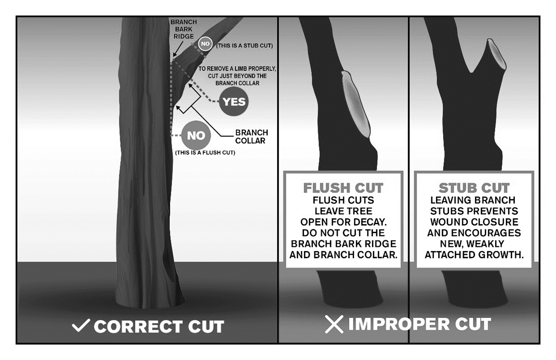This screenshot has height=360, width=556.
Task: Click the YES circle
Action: [x=234, y=101]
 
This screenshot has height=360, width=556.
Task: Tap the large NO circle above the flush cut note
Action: [x=196, y=135]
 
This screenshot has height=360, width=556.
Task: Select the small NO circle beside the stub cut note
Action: [x=205, y=44]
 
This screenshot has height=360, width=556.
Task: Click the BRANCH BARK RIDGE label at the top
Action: [x=184, y=29]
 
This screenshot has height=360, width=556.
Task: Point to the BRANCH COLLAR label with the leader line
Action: [x=251, y=137]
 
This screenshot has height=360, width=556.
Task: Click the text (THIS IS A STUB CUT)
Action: [x=245, y=46]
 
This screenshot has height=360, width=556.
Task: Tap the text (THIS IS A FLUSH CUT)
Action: [x=205, y=152]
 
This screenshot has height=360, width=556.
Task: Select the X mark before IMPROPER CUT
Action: [x=334, y=324]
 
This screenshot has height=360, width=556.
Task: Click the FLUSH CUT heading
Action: [x=343, y=188]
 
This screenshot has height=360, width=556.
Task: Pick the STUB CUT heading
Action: [x=474, y=188]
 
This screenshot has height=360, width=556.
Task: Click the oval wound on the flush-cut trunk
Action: [x=356, y=104]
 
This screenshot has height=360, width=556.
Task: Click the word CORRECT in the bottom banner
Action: [x=138, y=326]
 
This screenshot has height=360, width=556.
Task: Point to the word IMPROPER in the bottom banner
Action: [x=399, y=324]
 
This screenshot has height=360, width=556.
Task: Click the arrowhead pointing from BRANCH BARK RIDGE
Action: [x=175, y=54]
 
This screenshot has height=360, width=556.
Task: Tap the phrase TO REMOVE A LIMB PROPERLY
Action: [x=237, y=69]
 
